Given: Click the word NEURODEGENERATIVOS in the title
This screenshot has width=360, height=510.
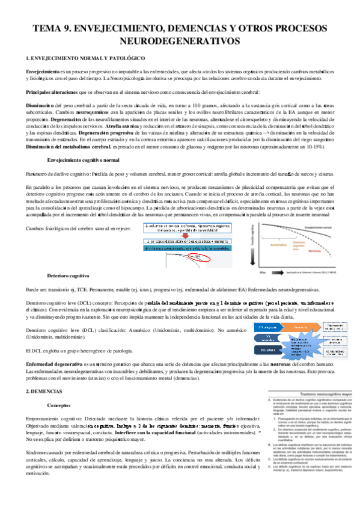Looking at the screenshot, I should coord(180,41).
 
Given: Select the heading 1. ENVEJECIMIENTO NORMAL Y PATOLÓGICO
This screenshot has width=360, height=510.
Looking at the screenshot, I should coord(82,57).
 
